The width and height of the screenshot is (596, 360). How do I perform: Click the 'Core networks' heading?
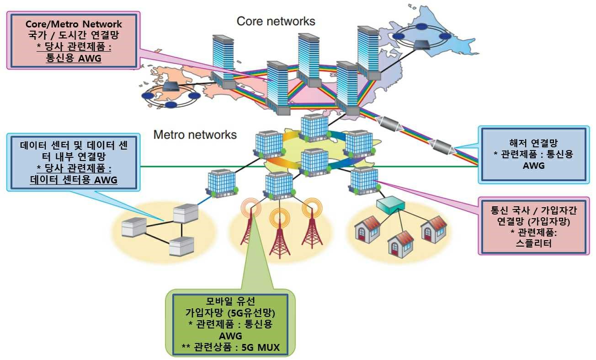pyautogui.click(x=276, y=21)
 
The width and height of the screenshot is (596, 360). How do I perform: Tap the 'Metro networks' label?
pyautogui.click(x=195, y=135)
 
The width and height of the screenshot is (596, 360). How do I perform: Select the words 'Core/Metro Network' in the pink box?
pyautogui.click(x=74, y=24)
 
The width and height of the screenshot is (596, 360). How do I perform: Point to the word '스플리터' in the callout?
pyautogui.click(x=532, y=243)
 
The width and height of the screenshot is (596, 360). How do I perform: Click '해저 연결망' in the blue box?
pyautogui.click(x=533, y=142)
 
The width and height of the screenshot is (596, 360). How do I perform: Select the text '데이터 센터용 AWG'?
pyautogui.click(x=74, y=180)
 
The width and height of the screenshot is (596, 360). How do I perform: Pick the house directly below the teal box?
pyautogui.click(x=400, y=242)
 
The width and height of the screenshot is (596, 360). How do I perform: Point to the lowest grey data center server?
pyautogui.click(x=181, y=246)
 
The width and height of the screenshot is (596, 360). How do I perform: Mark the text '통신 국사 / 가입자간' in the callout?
pyautogui.click(x=533, y=211)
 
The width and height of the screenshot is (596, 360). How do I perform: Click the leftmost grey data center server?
pyautogui.click(x=134, y=226)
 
